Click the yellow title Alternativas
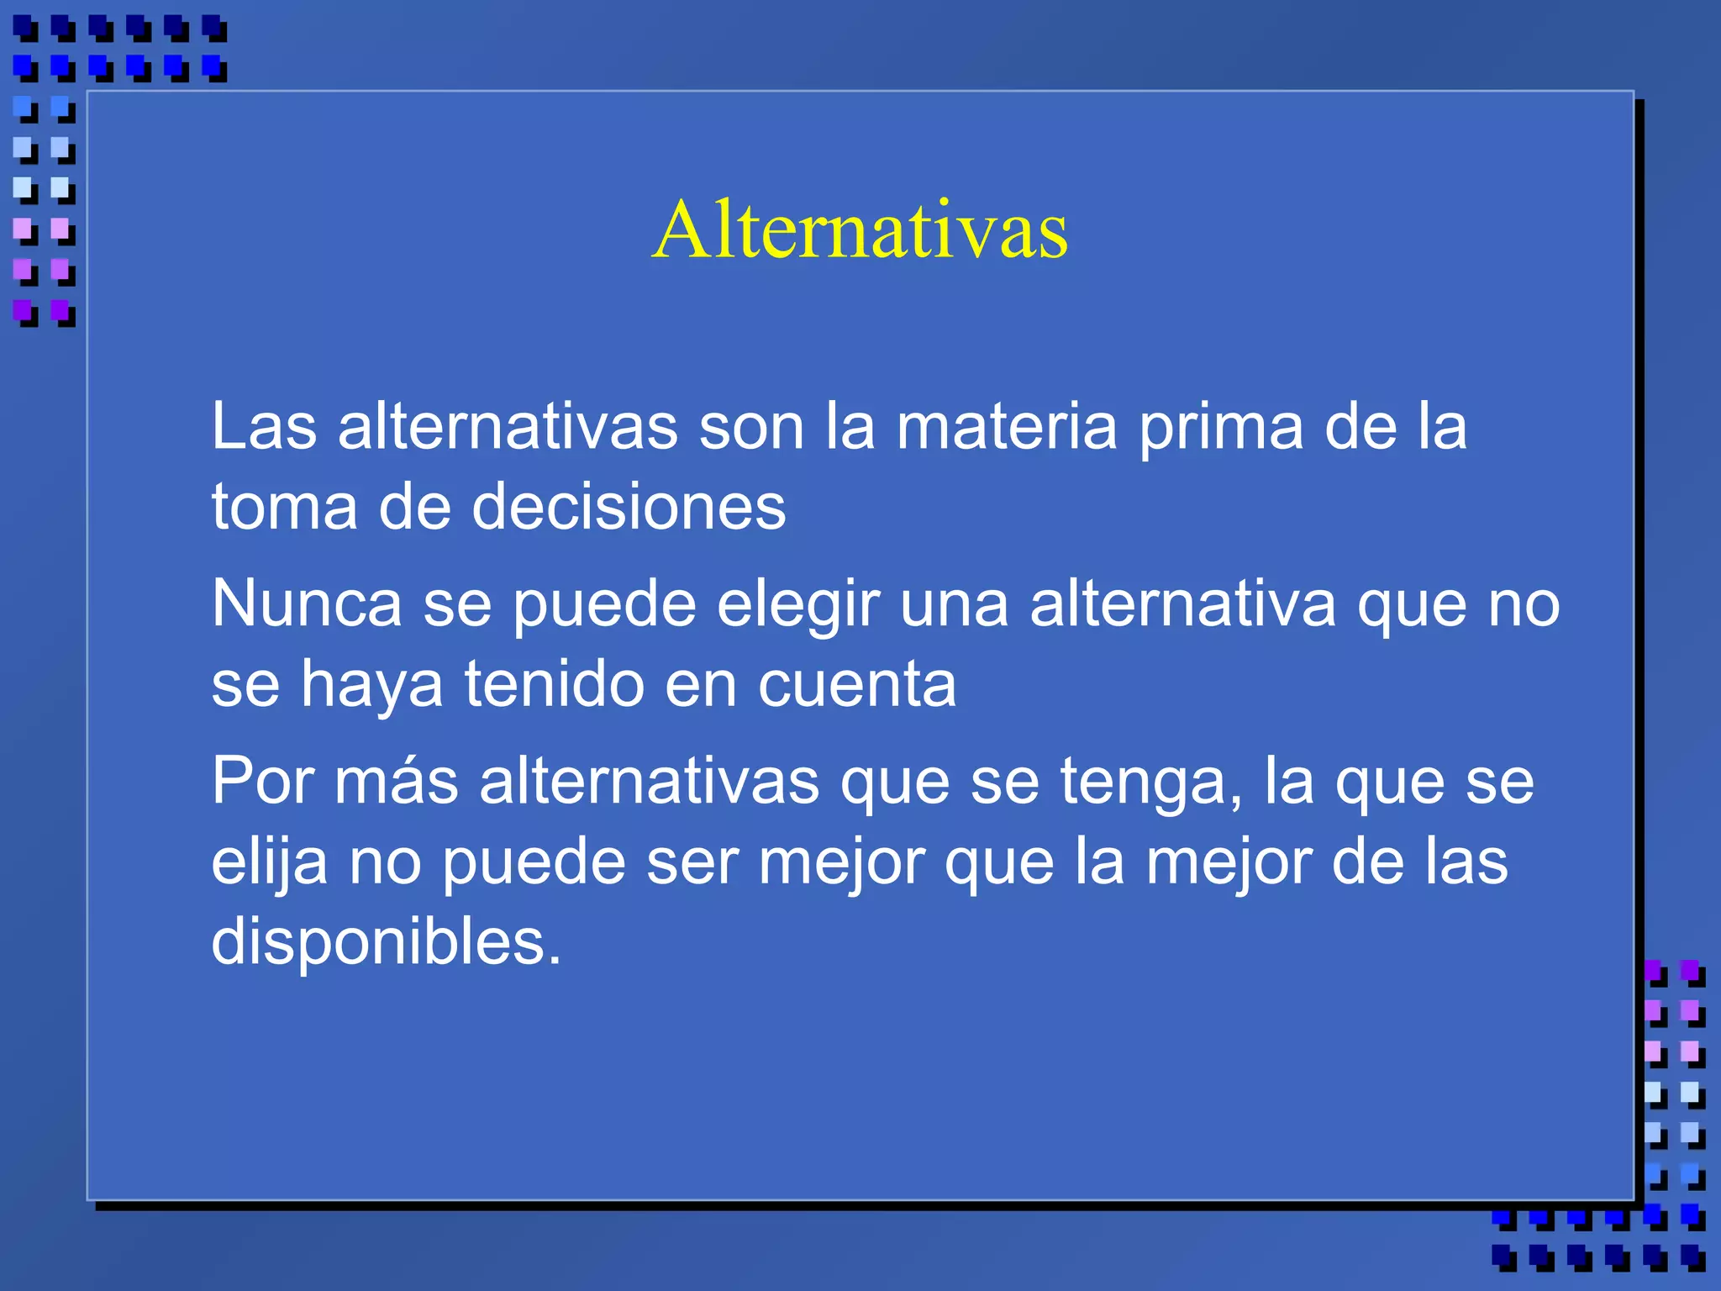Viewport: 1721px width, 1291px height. [x=860, y=229]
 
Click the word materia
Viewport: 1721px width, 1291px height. [x=1006, y=427]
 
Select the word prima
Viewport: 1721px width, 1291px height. [x=1220, y=427]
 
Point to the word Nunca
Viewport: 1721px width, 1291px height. [x=306, y=603]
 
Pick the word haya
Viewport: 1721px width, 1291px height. [x=371, y=683]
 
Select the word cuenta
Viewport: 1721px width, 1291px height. [x=856, y=683]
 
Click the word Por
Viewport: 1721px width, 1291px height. [x=262, y=781]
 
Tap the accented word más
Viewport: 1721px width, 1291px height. [x=397, y=781]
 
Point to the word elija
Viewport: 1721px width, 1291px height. [x=269, y=862]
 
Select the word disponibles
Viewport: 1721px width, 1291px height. [x=386, y=941]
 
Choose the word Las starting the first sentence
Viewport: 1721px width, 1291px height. [x=264, y=427]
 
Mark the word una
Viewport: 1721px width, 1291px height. [x=954, y=603]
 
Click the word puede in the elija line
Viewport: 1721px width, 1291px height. [x=534, y=862]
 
